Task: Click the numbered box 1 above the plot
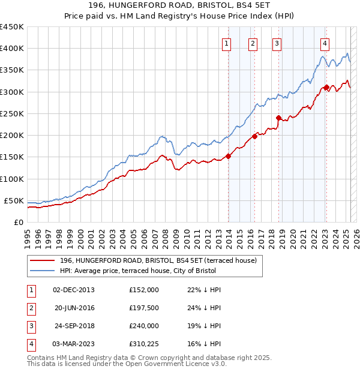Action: [227, 43]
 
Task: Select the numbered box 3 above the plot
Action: [277, 43]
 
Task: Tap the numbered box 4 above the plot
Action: [324, 43]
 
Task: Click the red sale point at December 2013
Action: [229, 156]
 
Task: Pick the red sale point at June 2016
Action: [255, 136]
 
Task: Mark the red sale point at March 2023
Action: [326, 87]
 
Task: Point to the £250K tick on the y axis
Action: [12, 113]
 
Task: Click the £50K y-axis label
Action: [14, 200]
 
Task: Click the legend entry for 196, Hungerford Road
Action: [158, 260]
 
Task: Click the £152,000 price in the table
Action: [143, 290]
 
